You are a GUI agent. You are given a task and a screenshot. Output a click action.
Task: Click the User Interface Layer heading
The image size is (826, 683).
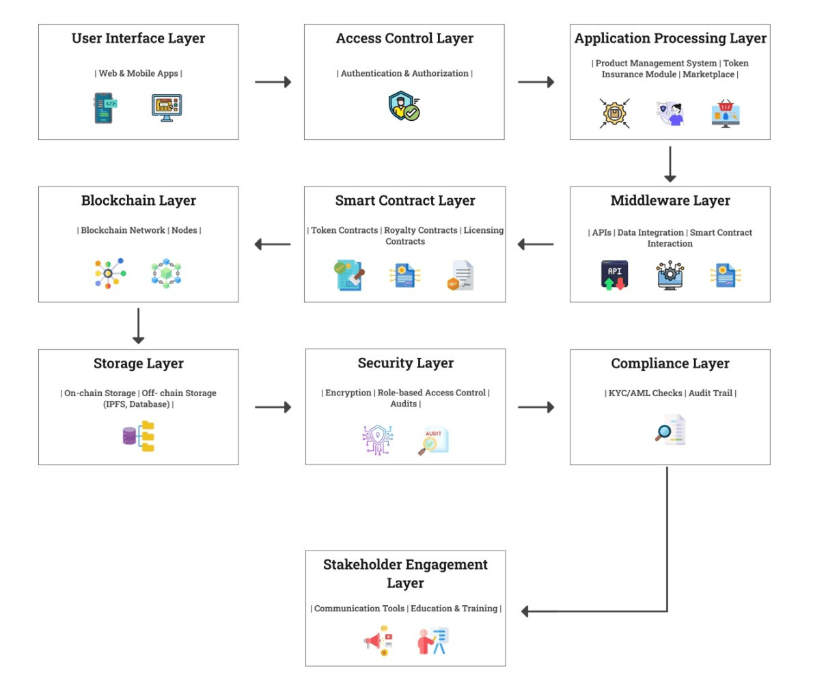(138, 39)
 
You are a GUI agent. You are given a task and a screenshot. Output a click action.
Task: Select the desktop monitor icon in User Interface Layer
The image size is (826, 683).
(167, 108)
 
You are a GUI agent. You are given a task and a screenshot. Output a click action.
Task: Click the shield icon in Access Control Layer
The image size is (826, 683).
(404, 107)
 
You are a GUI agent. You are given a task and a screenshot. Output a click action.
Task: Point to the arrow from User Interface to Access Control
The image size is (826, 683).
(273, 82)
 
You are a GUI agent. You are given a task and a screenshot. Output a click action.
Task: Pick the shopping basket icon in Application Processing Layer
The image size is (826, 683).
(726, 113)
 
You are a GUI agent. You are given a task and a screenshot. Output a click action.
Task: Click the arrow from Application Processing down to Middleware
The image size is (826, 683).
(670, 164)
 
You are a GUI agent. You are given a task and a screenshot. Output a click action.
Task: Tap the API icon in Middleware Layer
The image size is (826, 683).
(615, 275)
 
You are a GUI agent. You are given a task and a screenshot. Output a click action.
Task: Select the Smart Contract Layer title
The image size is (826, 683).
(405, 201)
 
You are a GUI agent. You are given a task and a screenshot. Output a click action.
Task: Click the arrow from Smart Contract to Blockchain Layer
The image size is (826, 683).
(273, 245)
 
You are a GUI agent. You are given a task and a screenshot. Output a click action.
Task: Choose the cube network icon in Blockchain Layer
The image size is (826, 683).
(166, 274)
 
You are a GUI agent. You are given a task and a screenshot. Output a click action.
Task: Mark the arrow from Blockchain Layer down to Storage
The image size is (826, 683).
(139, 326)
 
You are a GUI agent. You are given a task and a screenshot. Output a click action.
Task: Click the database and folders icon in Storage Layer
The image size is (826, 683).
(139, 436)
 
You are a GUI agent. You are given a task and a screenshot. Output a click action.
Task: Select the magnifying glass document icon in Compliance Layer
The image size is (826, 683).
(670, 430)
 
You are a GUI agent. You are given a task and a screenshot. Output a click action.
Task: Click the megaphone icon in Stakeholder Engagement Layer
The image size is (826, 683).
(378, 641)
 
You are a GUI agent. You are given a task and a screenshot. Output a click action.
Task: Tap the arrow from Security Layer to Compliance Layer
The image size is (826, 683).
(536, 407)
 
